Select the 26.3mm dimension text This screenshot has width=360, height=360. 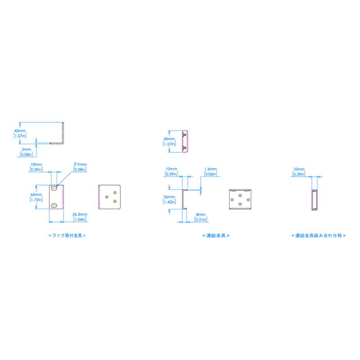[79, 215]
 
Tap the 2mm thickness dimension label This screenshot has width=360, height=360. [26, 149]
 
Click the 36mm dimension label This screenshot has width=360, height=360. [169, 197]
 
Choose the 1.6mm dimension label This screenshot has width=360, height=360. [210, 169]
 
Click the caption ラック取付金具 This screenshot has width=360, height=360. [67, 235]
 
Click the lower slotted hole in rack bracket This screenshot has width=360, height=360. [54, 206]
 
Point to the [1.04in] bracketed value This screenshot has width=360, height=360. [79, 220]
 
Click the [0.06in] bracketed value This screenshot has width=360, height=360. [210, 174]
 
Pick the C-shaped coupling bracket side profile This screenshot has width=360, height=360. [184, 200]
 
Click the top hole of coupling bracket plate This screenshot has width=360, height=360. [240, 195]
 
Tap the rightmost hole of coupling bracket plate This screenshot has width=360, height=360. [248, 199]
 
